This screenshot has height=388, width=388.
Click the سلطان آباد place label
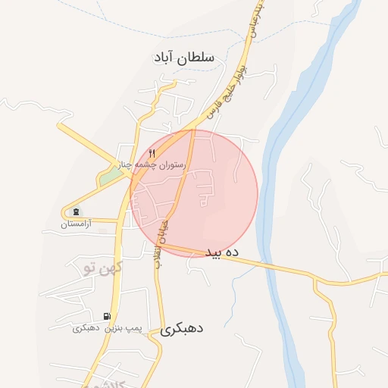pyautogui.click(x=184, y=57)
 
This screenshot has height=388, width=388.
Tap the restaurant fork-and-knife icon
pyautogui.click(x=152, y=154)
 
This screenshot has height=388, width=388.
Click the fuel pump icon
pyautogui.click(x=107, y=316)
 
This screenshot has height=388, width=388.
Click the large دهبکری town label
pyautogui.click(x=183, y=329)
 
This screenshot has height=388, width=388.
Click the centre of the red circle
pyautogui.click(x=194, y=193)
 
